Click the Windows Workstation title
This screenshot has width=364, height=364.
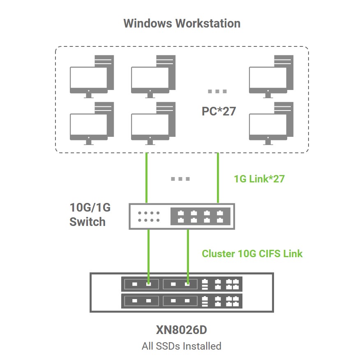point(182,23)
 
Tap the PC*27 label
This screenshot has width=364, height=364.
point(219,111)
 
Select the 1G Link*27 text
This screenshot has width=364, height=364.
point(259,179)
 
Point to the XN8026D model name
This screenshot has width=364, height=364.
point(182,330)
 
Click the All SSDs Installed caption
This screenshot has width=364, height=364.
point(182,346)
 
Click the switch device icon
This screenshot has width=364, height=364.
point(182,216)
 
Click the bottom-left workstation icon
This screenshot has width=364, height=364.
point(92,123)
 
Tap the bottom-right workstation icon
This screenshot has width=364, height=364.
point(271,123)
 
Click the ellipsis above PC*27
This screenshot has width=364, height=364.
point(217,91)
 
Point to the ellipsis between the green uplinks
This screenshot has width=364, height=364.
point(180,179)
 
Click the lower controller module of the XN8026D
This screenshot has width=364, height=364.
point(182,301)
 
